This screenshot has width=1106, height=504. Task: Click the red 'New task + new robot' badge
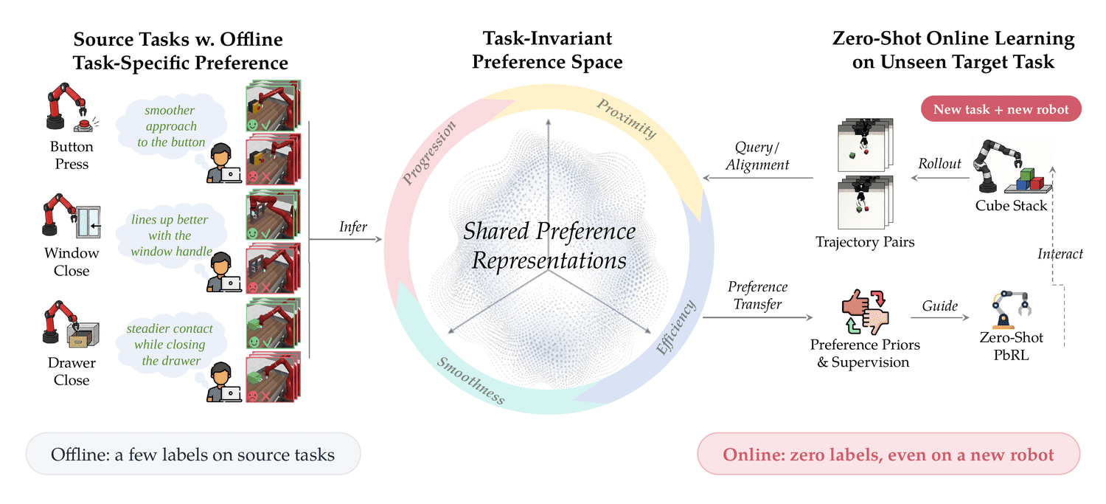pos(1001,108)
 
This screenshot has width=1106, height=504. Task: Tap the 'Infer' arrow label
pos(353,227)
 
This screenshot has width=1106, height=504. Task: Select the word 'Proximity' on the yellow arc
pos(627,119)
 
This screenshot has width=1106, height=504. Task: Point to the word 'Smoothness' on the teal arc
pos(470,381)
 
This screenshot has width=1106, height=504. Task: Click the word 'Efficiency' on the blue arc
pos(675,327)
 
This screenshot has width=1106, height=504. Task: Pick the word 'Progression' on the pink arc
pos(428,152)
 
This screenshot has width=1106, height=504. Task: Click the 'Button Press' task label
pos(72,155)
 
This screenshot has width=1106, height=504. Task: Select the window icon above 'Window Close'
pos(88,222)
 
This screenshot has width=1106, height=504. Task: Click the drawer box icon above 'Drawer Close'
pos(83,336)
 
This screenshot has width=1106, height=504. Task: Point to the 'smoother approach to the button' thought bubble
pos(171,126)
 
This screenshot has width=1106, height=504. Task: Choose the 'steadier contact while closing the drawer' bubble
pos(170,345)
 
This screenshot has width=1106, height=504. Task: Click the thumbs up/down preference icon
pos(865,312)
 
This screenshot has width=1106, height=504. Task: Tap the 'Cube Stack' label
pos(1011,206)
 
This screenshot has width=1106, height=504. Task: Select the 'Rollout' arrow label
pos(939,164)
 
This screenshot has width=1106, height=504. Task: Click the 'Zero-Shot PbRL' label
pos(1011,346)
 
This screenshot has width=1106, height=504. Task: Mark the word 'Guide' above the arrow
pos(939,305)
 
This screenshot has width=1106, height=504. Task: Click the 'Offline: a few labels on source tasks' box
pos(193,454)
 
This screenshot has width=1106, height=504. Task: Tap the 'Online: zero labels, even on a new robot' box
pos(888,454)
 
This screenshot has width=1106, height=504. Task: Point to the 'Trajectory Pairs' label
pos(865,241)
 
